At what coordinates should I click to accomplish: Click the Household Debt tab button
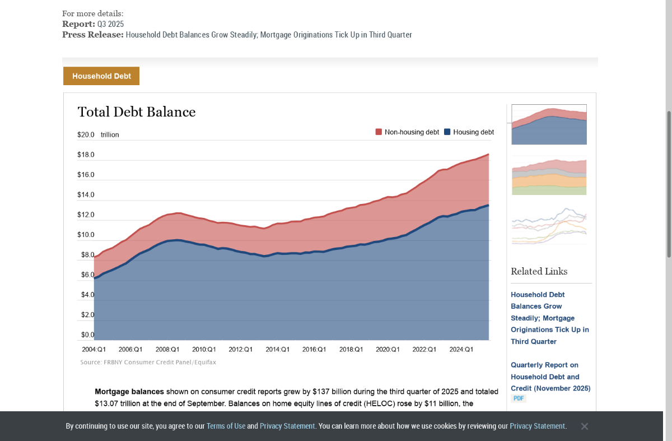pos(101,76)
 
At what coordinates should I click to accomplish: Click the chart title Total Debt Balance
pos(137,112)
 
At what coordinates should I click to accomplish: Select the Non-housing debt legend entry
pos(407,132)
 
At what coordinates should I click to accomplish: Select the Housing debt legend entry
pos(469,132)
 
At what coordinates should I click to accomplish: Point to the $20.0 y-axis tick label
pos(86,135)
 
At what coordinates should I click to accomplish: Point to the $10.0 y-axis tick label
pos(86,235)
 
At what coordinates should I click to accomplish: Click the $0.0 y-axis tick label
pos(88,335)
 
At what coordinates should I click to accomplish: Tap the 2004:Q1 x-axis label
pos(94,349)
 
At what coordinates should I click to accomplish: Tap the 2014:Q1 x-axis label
pos(278,349)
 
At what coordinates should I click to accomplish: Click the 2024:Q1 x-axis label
pos(461,349)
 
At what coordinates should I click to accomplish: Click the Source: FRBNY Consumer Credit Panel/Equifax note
pos(148,363)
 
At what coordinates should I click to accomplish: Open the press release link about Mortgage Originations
pos(269,35)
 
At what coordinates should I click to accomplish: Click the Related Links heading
pos(539,271)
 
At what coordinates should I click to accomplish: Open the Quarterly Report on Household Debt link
pos(550,377)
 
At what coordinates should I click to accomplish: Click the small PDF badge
pos(519,398)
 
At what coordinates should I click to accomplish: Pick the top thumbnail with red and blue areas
pos(549,124)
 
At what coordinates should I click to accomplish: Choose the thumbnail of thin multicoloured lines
pos(549,225)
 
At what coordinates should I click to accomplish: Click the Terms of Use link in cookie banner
pos(226,426)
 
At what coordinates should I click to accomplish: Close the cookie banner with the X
pos(584,426)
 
